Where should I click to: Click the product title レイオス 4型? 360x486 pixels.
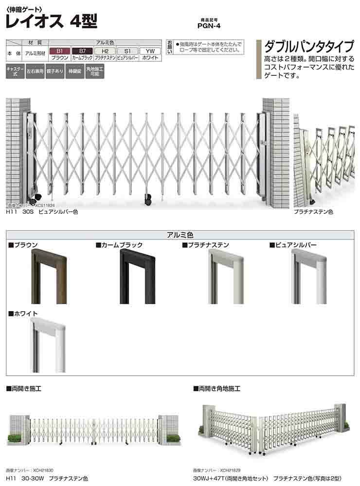[x=51, y=20]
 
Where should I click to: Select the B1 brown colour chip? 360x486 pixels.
[x=60, y=51]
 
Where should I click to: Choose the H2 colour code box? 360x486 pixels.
[x=105, y=51]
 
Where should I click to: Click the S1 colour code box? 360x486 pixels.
[x=127, y=51]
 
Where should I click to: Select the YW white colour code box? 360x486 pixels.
[x=150, y=51]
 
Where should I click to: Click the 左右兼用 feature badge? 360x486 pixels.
[x=35, y=71]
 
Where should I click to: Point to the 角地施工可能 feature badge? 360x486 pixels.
[x=95, y=71]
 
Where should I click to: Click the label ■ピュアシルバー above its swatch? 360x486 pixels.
[x=293, y=244]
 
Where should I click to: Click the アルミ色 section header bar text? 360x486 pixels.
[x=180, y=235]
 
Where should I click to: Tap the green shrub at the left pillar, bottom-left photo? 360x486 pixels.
[x=15, y=437]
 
